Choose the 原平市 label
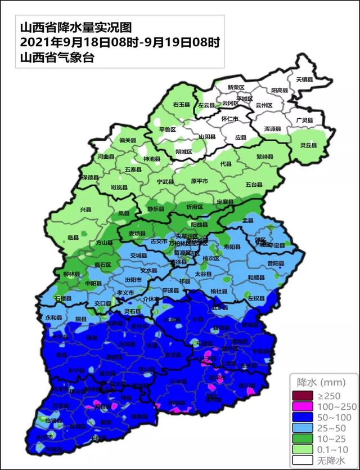pyautogui.click(x=199, y=181)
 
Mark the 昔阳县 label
pyautogui.click(x=276, y=263)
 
